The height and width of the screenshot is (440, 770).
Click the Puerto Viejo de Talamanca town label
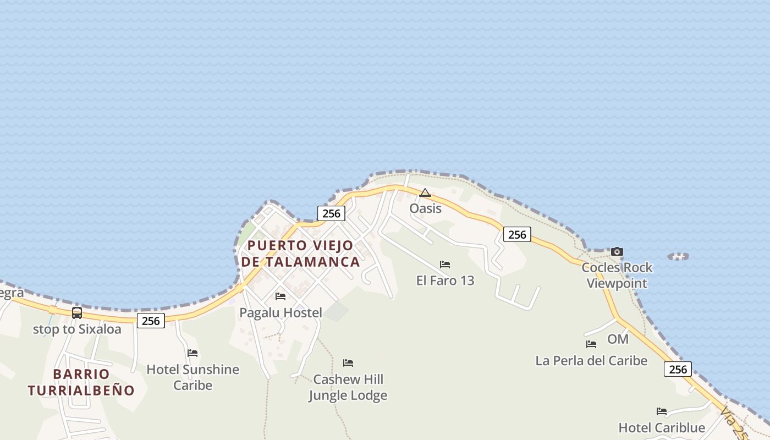point(300,253)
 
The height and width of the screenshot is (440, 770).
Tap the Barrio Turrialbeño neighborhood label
point(81,382)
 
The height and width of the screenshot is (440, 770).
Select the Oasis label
point(425,208)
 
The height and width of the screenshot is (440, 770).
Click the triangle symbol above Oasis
point(425,193)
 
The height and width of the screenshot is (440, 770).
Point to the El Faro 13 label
point(445,280)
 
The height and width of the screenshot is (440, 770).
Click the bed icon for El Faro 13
point(445,265)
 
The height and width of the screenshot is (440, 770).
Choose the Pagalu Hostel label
point(280,313)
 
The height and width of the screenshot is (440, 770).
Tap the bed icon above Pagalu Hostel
point(280,296)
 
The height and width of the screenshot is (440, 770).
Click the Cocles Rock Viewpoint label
point(617,275)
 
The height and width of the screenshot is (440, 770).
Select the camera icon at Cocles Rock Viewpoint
point(617,252)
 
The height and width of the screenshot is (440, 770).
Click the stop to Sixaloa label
point(77,329)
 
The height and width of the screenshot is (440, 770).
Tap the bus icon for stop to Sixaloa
point(77,313)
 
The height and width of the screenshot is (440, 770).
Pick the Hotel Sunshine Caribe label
point(193,377)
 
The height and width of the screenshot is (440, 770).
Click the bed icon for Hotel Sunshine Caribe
point(193,353)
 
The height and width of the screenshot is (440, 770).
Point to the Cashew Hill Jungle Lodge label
point(348,387)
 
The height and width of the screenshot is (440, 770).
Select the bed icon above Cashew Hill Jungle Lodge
point(348,363)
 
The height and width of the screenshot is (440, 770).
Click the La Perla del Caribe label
point(591,361)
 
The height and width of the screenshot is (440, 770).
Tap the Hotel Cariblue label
point(662,428)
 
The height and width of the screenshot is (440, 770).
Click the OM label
point(618,339)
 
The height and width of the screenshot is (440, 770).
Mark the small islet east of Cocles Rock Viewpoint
point(678,256)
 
